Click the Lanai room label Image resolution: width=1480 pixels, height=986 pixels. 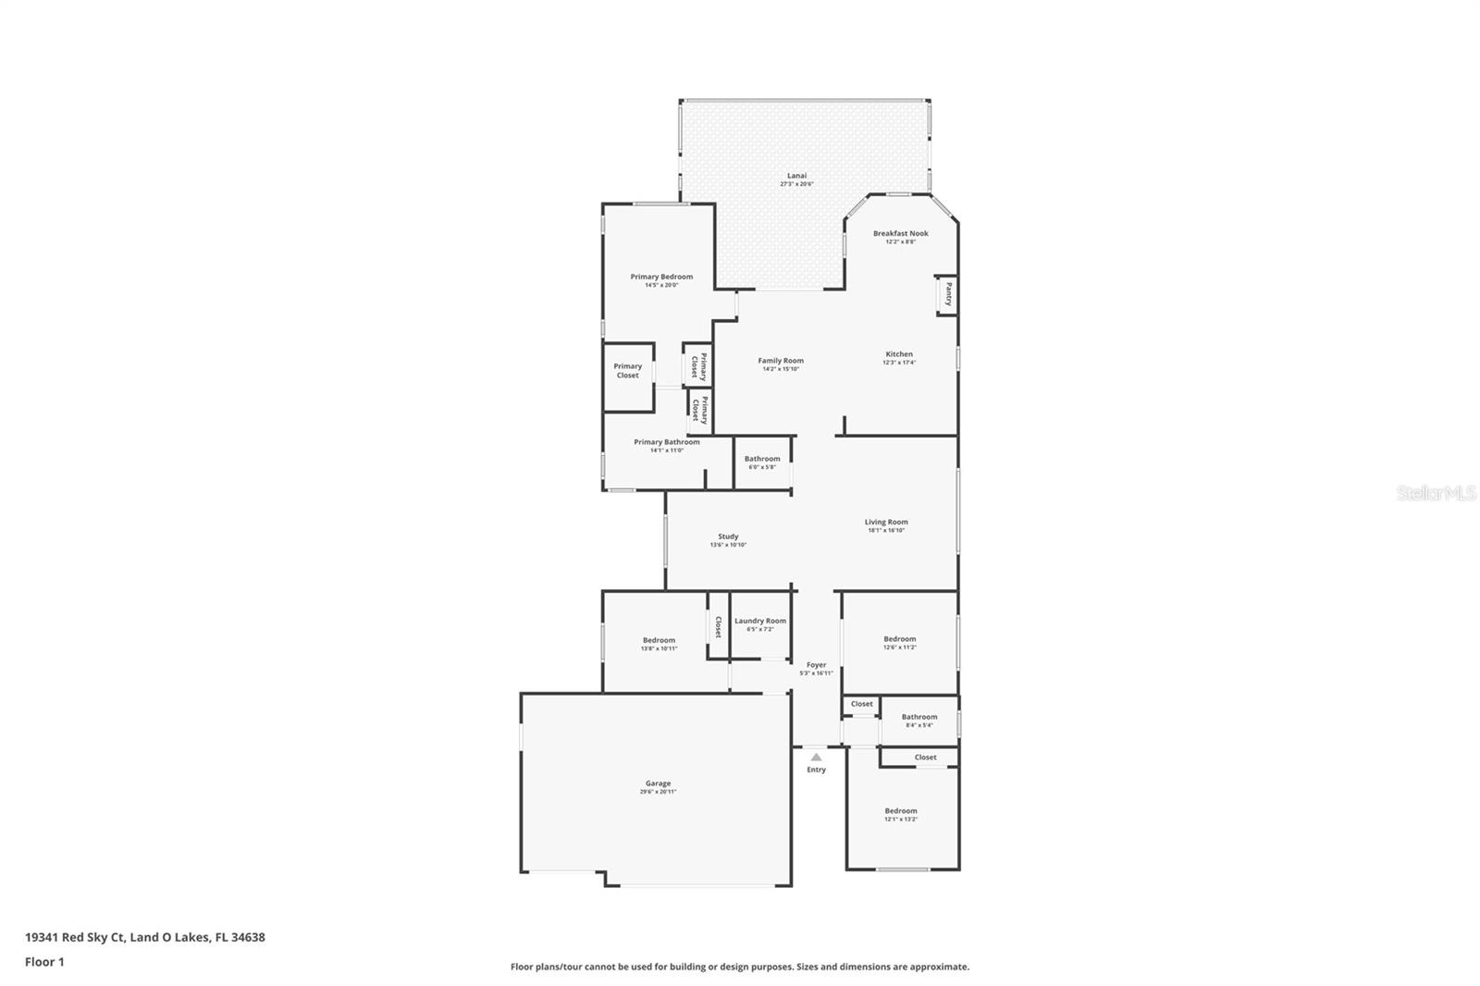pyautogui.click(x=796, y=176)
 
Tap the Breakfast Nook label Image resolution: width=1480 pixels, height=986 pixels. pyautogui.click(x=900, y=234)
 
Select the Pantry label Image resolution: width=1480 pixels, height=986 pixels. pyautogui.click(x=948, y=295)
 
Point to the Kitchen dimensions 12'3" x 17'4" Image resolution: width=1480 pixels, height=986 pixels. pyautogui.click(x=899, y=363)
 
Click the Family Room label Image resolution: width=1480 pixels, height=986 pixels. pyautogui.click(x=781, y=361)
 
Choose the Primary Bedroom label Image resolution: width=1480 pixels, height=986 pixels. pyautogui.click(x=661, y=277)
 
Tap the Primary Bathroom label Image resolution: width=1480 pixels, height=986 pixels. pyautogui.click(x=666, y=442)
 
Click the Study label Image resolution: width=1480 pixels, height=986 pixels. pyautogui.click(x=728, y=536)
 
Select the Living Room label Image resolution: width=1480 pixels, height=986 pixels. pyautogui.click(x=886, y=522)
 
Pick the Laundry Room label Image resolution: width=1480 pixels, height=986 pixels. pyautogui.click(x=760, y=621)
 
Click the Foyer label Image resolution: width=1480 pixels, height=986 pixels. pyautogui.click(x=816, y=665)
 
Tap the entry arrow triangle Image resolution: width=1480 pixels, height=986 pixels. pyautogui.click(x=816, y=757)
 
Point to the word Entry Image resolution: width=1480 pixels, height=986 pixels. pyautogui.click(x=816, y=770)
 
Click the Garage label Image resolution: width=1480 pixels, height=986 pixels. pyautogui.click(x=658, y=783)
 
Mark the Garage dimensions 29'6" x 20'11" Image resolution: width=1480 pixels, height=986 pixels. pyautogui.click(x=658, y=792)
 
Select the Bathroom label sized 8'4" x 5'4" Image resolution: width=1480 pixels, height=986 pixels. pyautogui.click(x=919, y=717)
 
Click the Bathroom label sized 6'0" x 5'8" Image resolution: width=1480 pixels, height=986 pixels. pyautogui.click(x=762, y=459)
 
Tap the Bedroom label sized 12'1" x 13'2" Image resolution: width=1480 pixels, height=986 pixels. pyautogui.click(x=900, y=811)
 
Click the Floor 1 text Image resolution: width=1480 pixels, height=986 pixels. pyautogui.click(x=44, y=962)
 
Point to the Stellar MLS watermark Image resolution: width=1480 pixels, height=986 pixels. pyautogui.click(x=1436, y=494)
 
